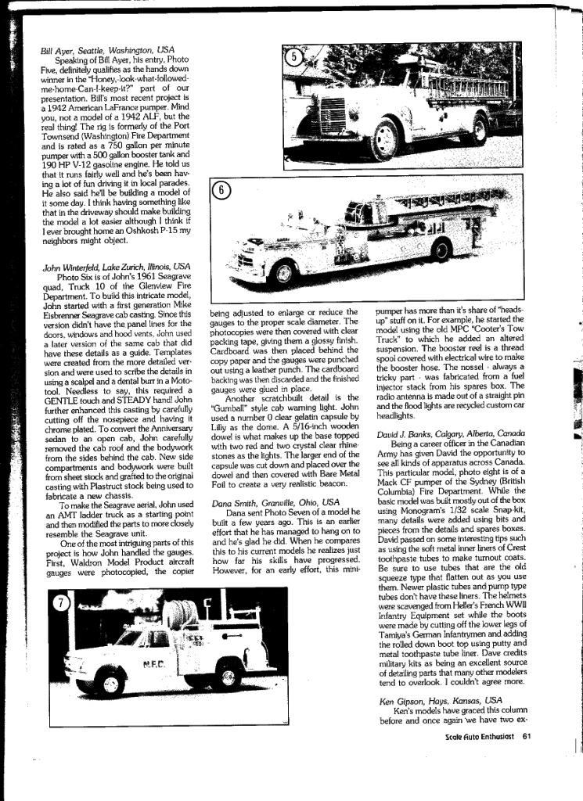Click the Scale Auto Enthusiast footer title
tap(479, 736)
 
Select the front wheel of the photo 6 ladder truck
tap(283, 271)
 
